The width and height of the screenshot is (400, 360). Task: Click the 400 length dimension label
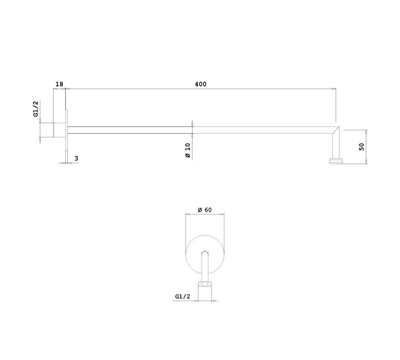coord(201,84)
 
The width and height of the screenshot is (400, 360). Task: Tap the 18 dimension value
coord(59,84)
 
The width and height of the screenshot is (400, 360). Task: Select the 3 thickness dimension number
coord(76,158)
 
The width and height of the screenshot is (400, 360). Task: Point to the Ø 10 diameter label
coord(188,151)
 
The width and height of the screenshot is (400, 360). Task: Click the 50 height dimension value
coord(362,147)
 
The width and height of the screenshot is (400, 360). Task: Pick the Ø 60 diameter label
coord(205,210)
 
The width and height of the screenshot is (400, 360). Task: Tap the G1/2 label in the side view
coord(35,109)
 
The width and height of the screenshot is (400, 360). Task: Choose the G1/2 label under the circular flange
coord(183,296)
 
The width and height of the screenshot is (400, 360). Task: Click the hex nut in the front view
coord(205,284)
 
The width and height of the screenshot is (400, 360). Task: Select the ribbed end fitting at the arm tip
coord(336,161)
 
